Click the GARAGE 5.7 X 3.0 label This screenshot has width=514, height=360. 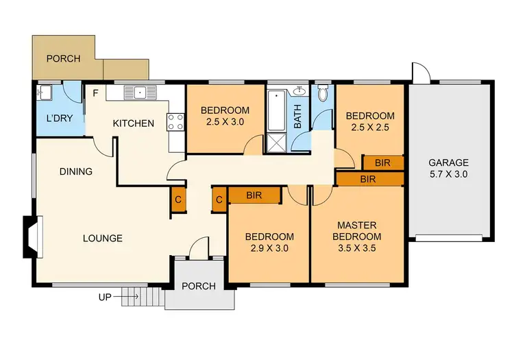tap(449, 169)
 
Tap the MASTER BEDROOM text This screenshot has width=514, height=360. tap(356, 231)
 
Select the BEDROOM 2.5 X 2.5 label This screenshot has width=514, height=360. tap(370, 122)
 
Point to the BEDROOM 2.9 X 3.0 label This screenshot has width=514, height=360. tap(269, 243)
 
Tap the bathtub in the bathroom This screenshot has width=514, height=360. tap(278, 110)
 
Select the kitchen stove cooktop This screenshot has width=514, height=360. tap(176, 122)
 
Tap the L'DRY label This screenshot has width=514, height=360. tap(59, 119)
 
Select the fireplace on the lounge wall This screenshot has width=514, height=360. tap(32, 237)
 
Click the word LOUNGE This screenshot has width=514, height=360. tap(103, 239)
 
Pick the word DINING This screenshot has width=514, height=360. tap(75, 171)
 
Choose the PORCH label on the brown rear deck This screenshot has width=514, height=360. tap(63, 59)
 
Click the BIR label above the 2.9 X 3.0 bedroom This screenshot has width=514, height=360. tap(254, 195)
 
